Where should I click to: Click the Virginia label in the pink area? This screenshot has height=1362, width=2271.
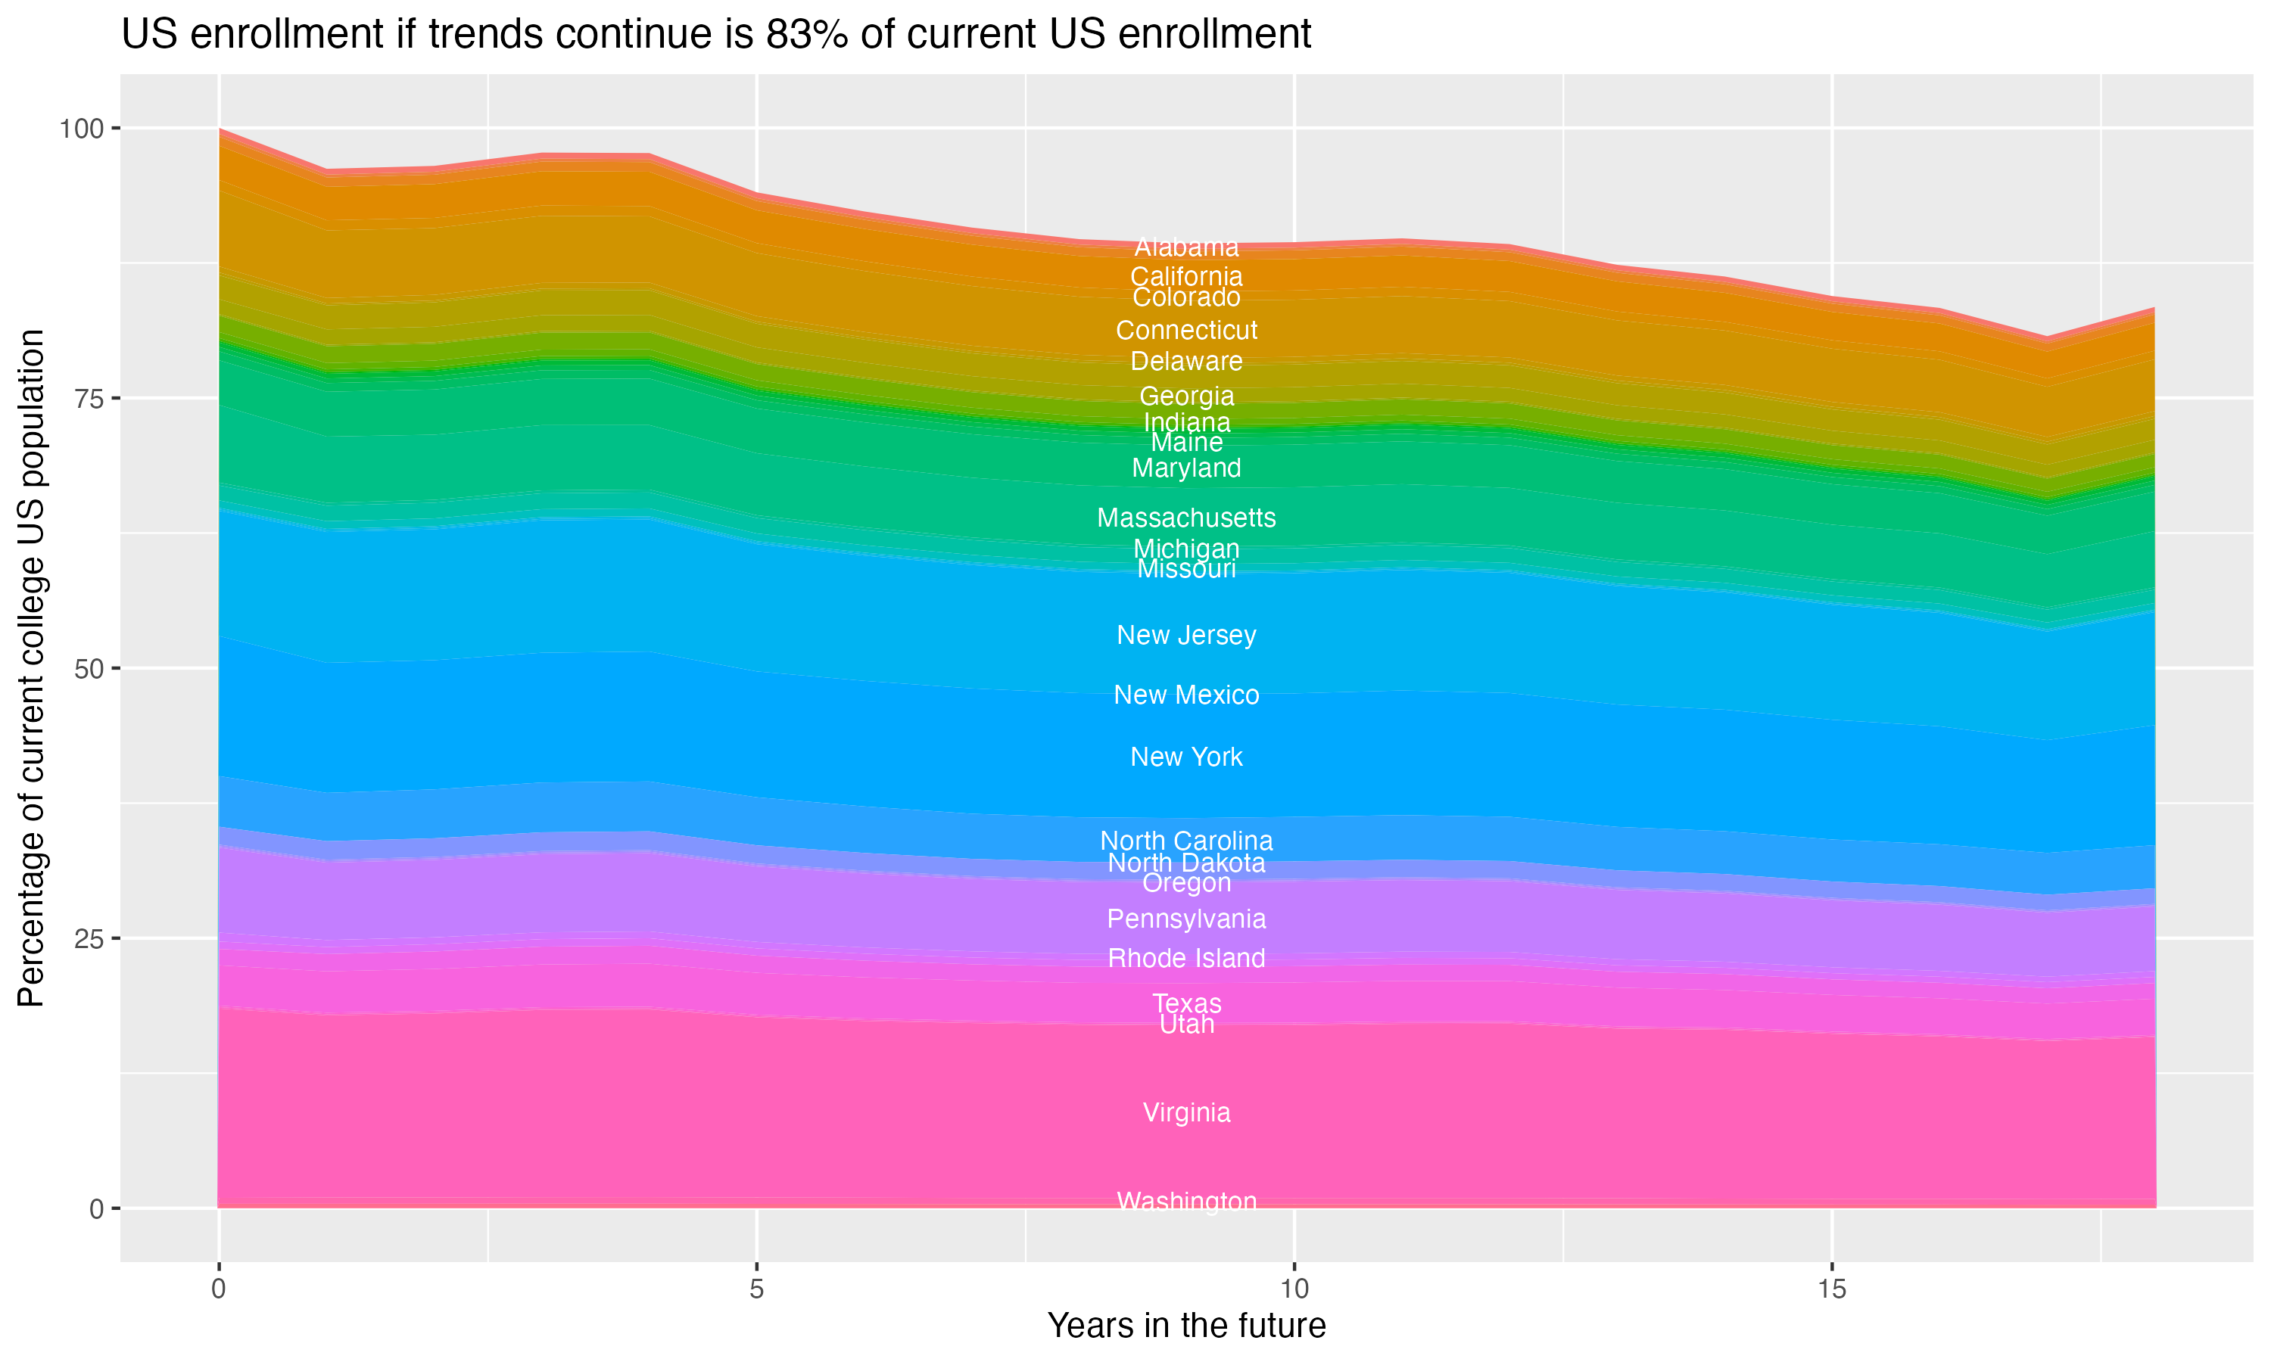click(x=1186, y=1112)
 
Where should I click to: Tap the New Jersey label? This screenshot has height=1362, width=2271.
click(x=1186, y=635)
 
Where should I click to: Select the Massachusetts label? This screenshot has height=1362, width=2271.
click(x=1186, y=518)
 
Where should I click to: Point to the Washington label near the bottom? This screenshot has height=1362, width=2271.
click(x=1186, y=1202)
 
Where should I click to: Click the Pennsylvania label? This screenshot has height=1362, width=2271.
click(x=1186, y=919)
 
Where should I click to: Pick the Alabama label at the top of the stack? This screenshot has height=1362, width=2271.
click(x=1186, y=247)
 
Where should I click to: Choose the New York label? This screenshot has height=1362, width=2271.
click(x=1186, y=757)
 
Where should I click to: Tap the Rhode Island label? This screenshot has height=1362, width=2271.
click(x=1186, y=958)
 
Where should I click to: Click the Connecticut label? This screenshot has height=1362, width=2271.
click(x=1186, y=331)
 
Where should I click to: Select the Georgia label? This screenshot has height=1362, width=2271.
click(x=1186, y=396)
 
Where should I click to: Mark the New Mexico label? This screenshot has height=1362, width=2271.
click(x=1186, y=695)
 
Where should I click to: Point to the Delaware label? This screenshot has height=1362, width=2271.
click(x=1186, y=362)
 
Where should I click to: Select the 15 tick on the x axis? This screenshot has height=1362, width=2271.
click(x=1831, y=1289)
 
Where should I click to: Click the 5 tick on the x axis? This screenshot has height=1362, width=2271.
click(x=756, y=1289)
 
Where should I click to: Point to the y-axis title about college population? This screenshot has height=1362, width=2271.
click(x=31, y=667)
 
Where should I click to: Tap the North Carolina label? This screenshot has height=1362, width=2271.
click(x=1186, y=841)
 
